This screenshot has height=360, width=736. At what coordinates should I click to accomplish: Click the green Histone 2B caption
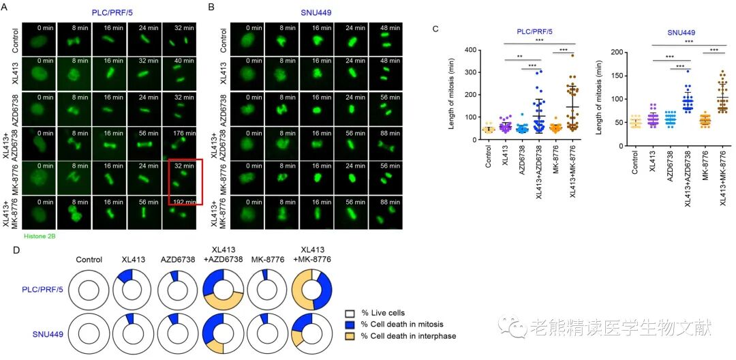(x=38, y=235)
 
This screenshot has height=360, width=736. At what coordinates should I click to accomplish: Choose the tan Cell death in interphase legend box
(x=352, y=335)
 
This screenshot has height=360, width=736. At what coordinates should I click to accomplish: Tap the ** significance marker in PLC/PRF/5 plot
(x=519, y=57)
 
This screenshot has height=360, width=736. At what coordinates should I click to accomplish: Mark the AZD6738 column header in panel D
(x=178, y=260)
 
